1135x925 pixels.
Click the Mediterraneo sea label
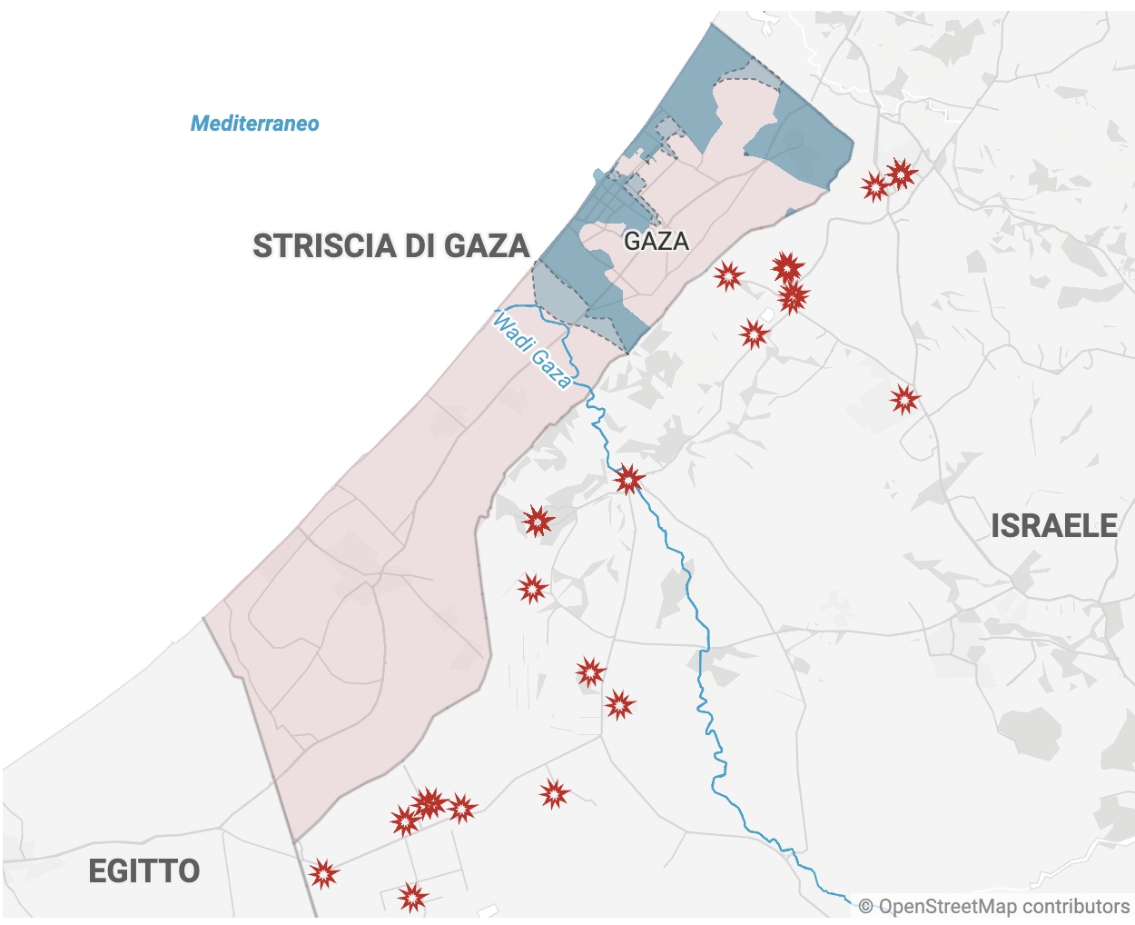(x=254, y=124)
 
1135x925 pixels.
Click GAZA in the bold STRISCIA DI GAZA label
(x=486, y=246)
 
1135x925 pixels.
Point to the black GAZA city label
(x=656, y=241)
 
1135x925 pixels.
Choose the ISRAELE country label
(x=1053, y=526)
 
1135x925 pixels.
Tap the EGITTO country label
(x=143, y=871)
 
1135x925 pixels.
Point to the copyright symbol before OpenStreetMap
(x=865, y=907)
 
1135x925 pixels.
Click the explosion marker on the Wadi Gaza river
(x=628, y=478)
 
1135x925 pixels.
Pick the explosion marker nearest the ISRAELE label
(x=904, y=399)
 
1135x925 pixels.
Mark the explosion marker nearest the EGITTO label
(x=322, y=874)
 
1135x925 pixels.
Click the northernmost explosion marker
(x=900, y=173)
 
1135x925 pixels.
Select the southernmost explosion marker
(x=412, y=898)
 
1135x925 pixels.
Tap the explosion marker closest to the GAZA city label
(x=728, y=275)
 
